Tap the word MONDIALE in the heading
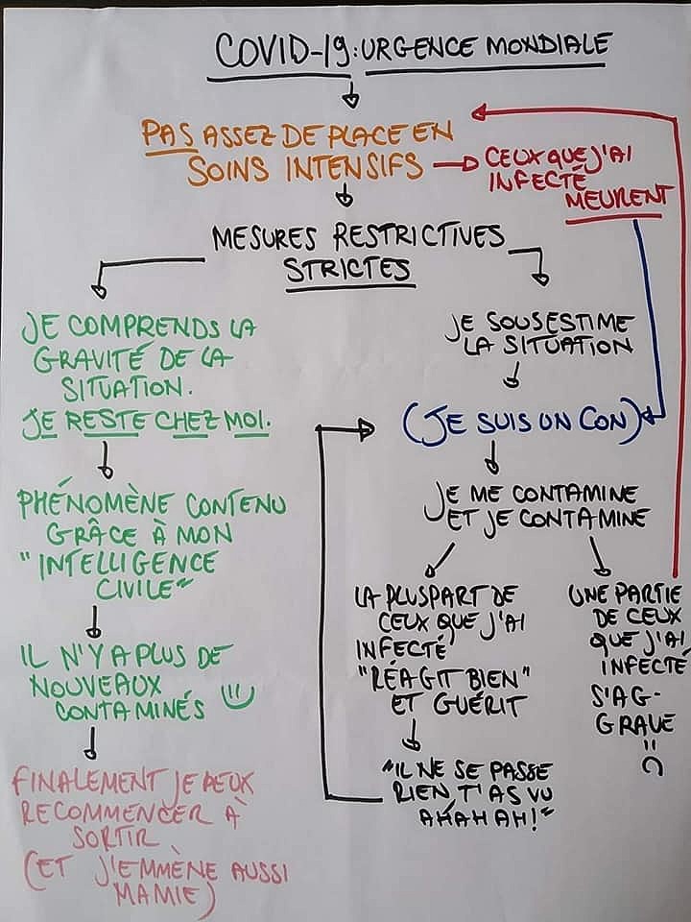pyautogui.click(x=545, y=44)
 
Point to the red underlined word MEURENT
pyautogui.click(x=616, y=198)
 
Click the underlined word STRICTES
pyautogui.click(x=348, y=270)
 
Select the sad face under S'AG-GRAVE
pyautogui.click(x=651, y=757)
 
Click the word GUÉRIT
pyautogui.click(x=476, y=705)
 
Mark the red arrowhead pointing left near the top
pyautogui.click(x=480, y=110)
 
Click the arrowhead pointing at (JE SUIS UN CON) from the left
pyautogui.click(x=365, y=429)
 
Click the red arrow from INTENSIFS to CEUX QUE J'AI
pyautogui.click(x=457, y=165)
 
